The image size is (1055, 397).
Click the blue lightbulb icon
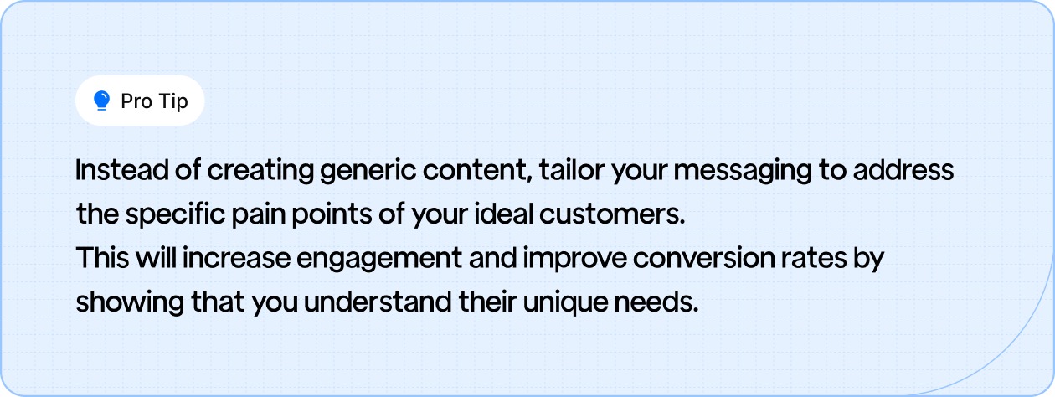tap(102, 101)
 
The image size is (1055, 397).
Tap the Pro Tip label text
tap(154, 101)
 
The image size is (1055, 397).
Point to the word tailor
tap(570, 171)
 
